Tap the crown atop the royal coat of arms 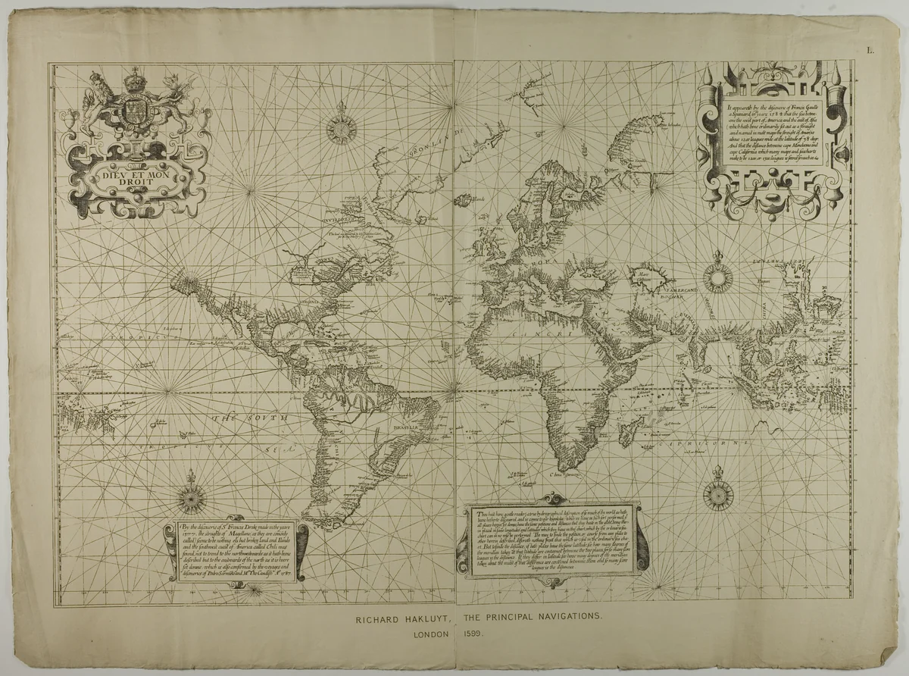(x=136, y=79)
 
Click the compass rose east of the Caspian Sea (x=717, y=277)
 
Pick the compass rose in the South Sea (x=189, y=499)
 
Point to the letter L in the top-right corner (x=871, y=51)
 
